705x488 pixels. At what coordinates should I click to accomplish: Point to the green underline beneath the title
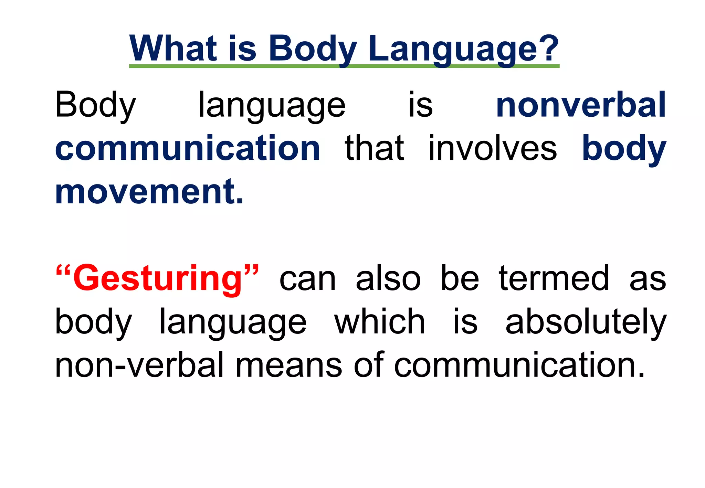click(x=344, y=66)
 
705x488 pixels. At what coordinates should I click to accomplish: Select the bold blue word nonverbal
click(x=581, y=105)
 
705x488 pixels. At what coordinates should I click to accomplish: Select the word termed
click(x=554, y=278)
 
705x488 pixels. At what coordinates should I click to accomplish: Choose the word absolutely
click(x=586, y=322)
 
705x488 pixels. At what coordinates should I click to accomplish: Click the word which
click(x=380, y=322)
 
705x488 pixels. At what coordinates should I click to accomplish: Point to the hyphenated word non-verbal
click(x=139, y=365)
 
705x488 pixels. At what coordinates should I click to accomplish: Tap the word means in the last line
click(x=288, y=365)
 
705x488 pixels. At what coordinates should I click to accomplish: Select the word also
click(x=388, y=278)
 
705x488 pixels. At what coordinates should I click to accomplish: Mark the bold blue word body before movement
click(x=624, y=149)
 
